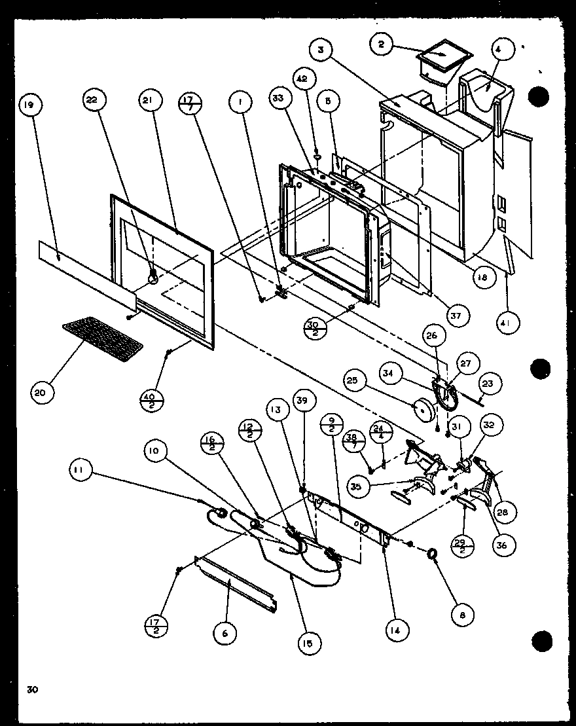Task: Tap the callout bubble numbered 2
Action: pos(382,45)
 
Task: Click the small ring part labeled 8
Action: pos(433,554)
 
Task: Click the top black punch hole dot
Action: pos(538,96)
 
